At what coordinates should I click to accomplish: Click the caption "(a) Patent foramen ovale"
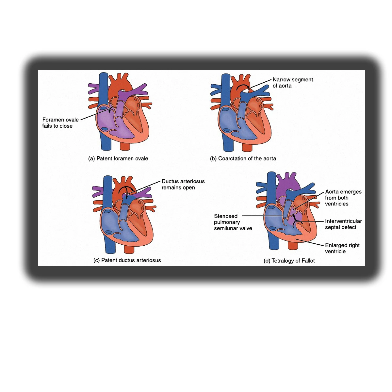click(x=118, y=158)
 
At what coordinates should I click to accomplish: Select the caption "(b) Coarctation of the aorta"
click(x=243, y=158)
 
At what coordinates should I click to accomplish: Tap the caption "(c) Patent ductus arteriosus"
click(x=127, y=260)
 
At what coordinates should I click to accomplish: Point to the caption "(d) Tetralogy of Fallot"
click(x=289, y=261)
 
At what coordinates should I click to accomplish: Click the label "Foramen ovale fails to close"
click(x=60, y=123)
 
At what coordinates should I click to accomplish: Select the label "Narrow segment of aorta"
click(x=293, y=83)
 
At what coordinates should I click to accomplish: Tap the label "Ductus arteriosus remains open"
click(x=183, y=184)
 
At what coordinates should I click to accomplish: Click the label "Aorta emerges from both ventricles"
click(x=343, y=198)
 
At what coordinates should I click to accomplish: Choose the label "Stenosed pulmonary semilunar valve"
click(x=233, y=222)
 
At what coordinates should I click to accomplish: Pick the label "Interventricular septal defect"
click(x=343, y=224)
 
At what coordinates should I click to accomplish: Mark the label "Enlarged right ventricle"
click(x=342, y=248)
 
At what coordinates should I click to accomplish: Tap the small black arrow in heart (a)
click(x=110, y=110)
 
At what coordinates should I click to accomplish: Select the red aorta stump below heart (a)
click(x=125, y=146)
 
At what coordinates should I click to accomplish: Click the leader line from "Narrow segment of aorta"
click(x=261, y=83)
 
